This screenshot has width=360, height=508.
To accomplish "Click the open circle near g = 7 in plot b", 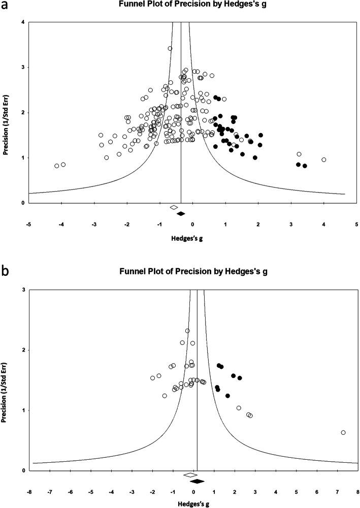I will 343,432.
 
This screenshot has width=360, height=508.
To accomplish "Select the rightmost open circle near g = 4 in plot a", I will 323,160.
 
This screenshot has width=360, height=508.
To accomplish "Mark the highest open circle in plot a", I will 170,49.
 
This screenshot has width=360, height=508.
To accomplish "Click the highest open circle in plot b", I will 187,331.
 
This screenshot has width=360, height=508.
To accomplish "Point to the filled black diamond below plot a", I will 180,213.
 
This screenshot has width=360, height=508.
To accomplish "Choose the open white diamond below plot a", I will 174,207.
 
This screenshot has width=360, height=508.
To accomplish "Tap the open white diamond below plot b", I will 190,475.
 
